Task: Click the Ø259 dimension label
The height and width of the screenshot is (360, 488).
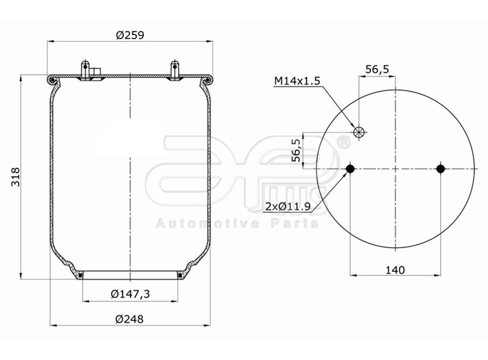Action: click(130, 35)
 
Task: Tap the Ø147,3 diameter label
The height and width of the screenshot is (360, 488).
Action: click(130, 294)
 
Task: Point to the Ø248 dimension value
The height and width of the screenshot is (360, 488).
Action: click(130, 319)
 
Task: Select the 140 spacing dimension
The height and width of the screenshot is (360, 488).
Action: click(395, 270)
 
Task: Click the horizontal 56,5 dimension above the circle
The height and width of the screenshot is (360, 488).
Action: click(377, 69)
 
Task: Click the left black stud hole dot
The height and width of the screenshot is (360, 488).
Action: click(350, 169)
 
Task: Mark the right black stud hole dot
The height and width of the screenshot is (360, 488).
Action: click(440, 169)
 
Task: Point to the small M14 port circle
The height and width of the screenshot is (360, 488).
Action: click(359, 132)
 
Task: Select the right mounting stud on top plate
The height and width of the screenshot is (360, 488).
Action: click(175, 70)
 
